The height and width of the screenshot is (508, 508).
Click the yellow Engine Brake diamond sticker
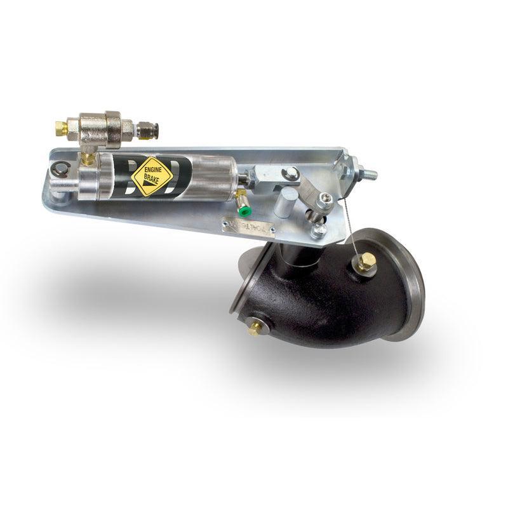[153, 176]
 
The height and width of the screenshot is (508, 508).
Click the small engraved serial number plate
[248, 225]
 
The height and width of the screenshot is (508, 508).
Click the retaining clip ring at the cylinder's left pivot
[60, 168]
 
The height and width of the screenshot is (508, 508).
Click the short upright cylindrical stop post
[285, 201]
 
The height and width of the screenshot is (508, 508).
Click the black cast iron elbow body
[311, 298]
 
